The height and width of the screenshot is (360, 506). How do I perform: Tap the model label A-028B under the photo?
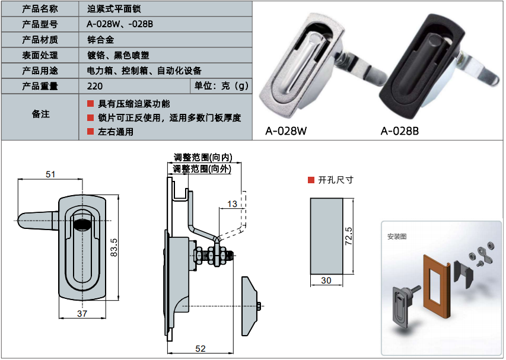(399, 131)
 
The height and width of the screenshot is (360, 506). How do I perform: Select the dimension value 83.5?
(115, 247)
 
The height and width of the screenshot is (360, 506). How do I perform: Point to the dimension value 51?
(50, 174)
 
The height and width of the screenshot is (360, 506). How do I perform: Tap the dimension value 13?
(232, 204)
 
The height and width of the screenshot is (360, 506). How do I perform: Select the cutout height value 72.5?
(349, 236)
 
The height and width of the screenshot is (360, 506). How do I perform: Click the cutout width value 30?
(326, 281)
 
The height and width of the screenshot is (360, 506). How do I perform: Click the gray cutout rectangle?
(326, 236)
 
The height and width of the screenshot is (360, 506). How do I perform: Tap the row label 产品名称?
(40, 9)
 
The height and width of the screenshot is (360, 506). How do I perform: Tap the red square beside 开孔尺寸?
(310, 180)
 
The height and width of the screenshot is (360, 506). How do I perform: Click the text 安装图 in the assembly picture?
(397, 237)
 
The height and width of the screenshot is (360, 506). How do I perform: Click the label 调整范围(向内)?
(203, 158)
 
